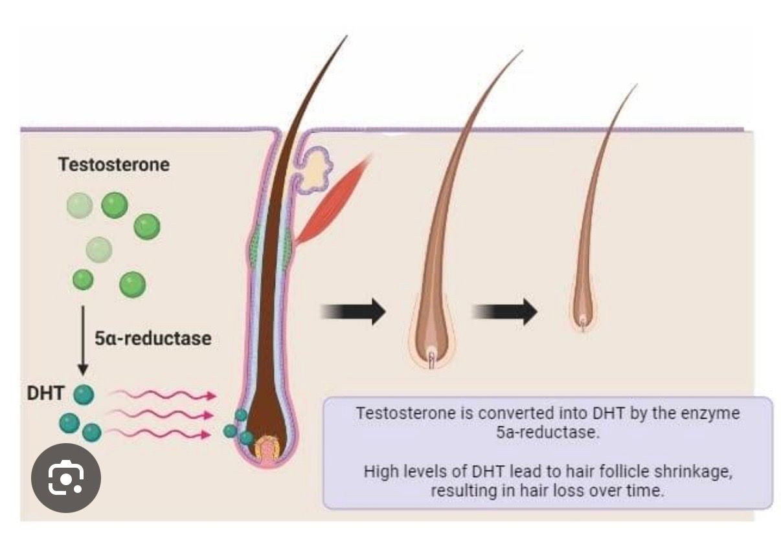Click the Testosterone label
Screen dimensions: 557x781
(114, 164)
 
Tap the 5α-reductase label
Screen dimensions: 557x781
(153, 338)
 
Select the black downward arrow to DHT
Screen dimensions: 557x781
(83, 340)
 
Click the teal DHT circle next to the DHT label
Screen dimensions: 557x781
(84, 394)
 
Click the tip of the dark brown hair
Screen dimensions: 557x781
(345, 38)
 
